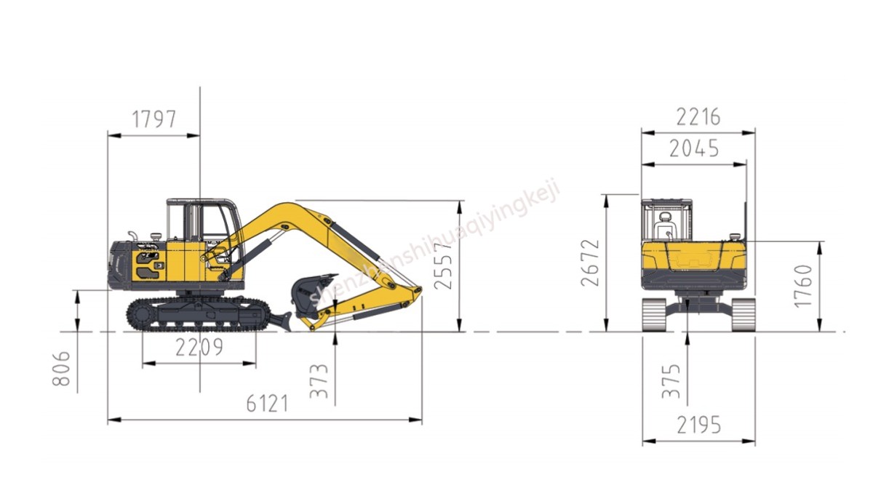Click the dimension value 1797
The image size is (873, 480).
tap(154, 119)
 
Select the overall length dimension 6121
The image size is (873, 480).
tap(266, 404)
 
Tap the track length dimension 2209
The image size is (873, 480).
tap(199, 348)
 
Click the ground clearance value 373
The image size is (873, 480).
tap(319, 382)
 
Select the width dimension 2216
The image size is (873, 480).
tap(698, 116)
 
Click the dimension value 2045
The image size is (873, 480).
tap(693, 148)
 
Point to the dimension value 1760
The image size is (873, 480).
tap(802, 285)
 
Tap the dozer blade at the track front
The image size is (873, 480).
tap(281, 319)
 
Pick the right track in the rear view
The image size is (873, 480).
tap(743, 314)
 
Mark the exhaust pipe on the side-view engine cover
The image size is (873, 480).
tap(132, 236)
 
